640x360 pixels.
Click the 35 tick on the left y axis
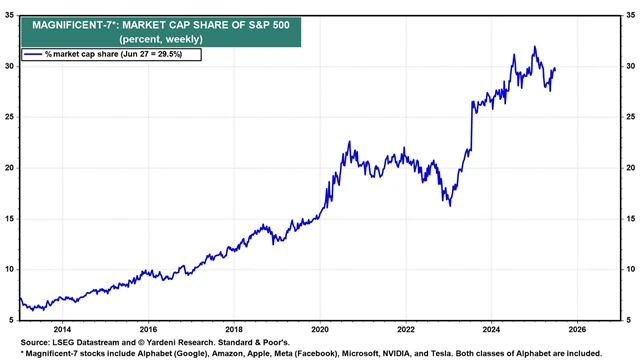(9, 16)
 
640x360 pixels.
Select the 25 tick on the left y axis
(9, 117)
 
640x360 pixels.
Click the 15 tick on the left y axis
(9, 218)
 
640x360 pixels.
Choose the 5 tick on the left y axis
(11, 319)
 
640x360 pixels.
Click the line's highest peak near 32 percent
(534, 47)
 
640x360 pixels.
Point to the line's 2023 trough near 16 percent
(450, 205)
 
